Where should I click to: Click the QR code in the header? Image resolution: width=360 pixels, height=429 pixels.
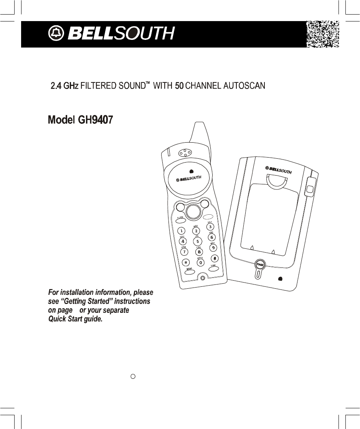coord(322,35)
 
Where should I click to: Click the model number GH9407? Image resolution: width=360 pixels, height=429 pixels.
coord(96,120)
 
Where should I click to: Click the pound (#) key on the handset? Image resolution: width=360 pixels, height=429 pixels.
coord(215,258)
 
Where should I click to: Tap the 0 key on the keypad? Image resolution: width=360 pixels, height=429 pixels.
coord(200,263)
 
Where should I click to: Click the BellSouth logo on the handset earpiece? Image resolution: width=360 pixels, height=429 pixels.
coord(188,179)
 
